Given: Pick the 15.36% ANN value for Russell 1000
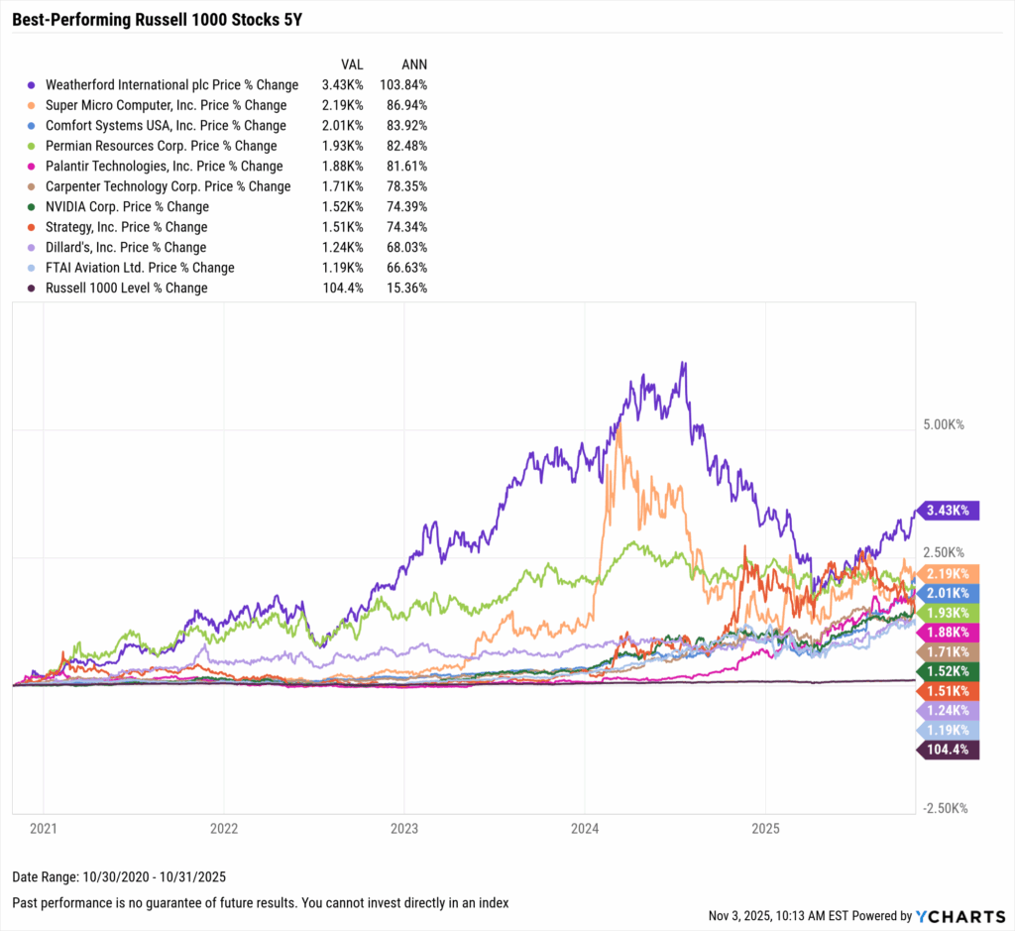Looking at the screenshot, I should [x=406, y=289].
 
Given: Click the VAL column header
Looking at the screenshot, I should [x=351, y=63].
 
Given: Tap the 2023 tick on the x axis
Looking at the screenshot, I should [x=404, y=826].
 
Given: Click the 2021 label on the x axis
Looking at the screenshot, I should [x=44, y=826].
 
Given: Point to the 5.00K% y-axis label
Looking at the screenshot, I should [x=944, y=424].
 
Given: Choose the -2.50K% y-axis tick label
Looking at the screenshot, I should [x=944, y=808].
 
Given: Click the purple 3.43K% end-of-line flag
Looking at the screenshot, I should [x=950, y=511].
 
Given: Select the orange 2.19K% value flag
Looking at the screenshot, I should [x=950, y=574].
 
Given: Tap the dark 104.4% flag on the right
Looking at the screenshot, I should [x=950, y=750].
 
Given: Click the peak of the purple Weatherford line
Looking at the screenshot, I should [x=683, y=363].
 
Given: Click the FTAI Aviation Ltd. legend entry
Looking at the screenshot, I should [x=140, y=268].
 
